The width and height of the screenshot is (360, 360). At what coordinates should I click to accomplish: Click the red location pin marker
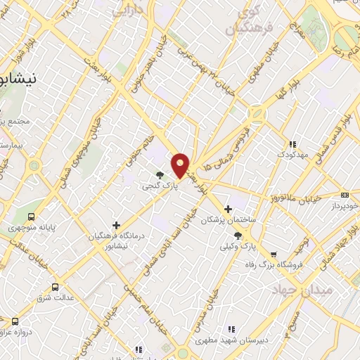(181, 165)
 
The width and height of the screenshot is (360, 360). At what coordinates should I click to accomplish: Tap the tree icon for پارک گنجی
(160, 176)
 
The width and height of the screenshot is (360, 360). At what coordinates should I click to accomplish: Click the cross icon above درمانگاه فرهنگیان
(117, 225)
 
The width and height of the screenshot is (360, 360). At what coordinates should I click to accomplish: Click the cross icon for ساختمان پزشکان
(228, 209)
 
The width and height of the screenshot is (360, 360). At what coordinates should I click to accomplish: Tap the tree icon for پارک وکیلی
(238, 236)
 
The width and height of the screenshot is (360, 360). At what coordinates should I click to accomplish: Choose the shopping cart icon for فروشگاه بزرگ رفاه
(274, 254)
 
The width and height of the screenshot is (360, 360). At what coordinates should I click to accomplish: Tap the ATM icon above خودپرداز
(344, 195)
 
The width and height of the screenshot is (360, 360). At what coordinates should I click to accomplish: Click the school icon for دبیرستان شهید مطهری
(230, 329)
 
